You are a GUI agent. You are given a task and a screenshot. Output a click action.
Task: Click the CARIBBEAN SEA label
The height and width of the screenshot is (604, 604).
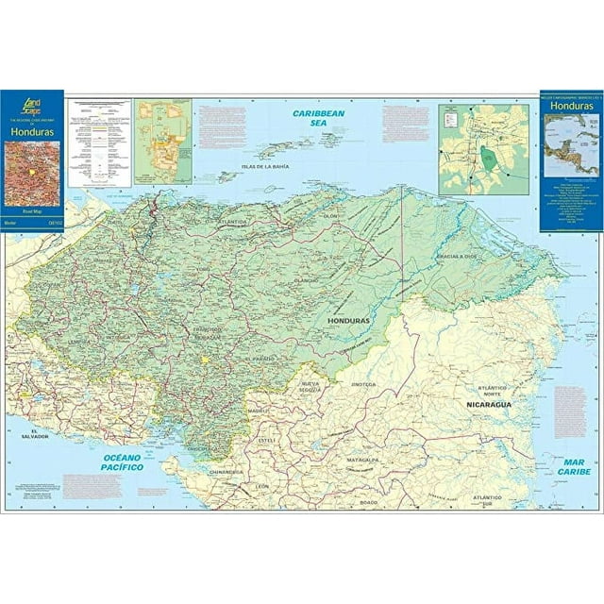tap(318, 118)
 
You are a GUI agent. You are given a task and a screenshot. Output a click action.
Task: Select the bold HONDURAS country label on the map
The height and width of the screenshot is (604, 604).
tap(350, 321)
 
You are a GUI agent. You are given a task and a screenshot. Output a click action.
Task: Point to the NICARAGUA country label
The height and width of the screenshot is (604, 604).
tap(489, 404)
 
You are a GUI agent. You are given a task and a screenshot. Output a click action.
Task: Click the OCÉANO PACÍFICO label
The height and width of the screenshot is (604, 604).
tap(123, 461)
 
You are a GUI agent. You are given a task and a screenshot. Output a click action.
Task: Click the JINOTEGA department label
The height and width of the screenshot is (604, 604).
tap(363, 385)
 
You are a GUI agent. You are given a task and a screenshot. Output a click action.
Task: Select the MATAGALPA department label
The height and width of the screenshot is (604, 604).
tap(361, 460)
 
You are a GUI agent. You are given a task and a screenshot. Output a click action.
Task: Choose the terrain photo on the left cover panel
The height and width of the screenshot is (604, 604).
tap(31, 173)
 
